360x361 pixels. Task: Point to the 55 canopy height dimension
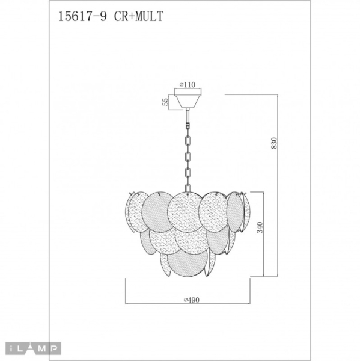pos(164,102)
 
